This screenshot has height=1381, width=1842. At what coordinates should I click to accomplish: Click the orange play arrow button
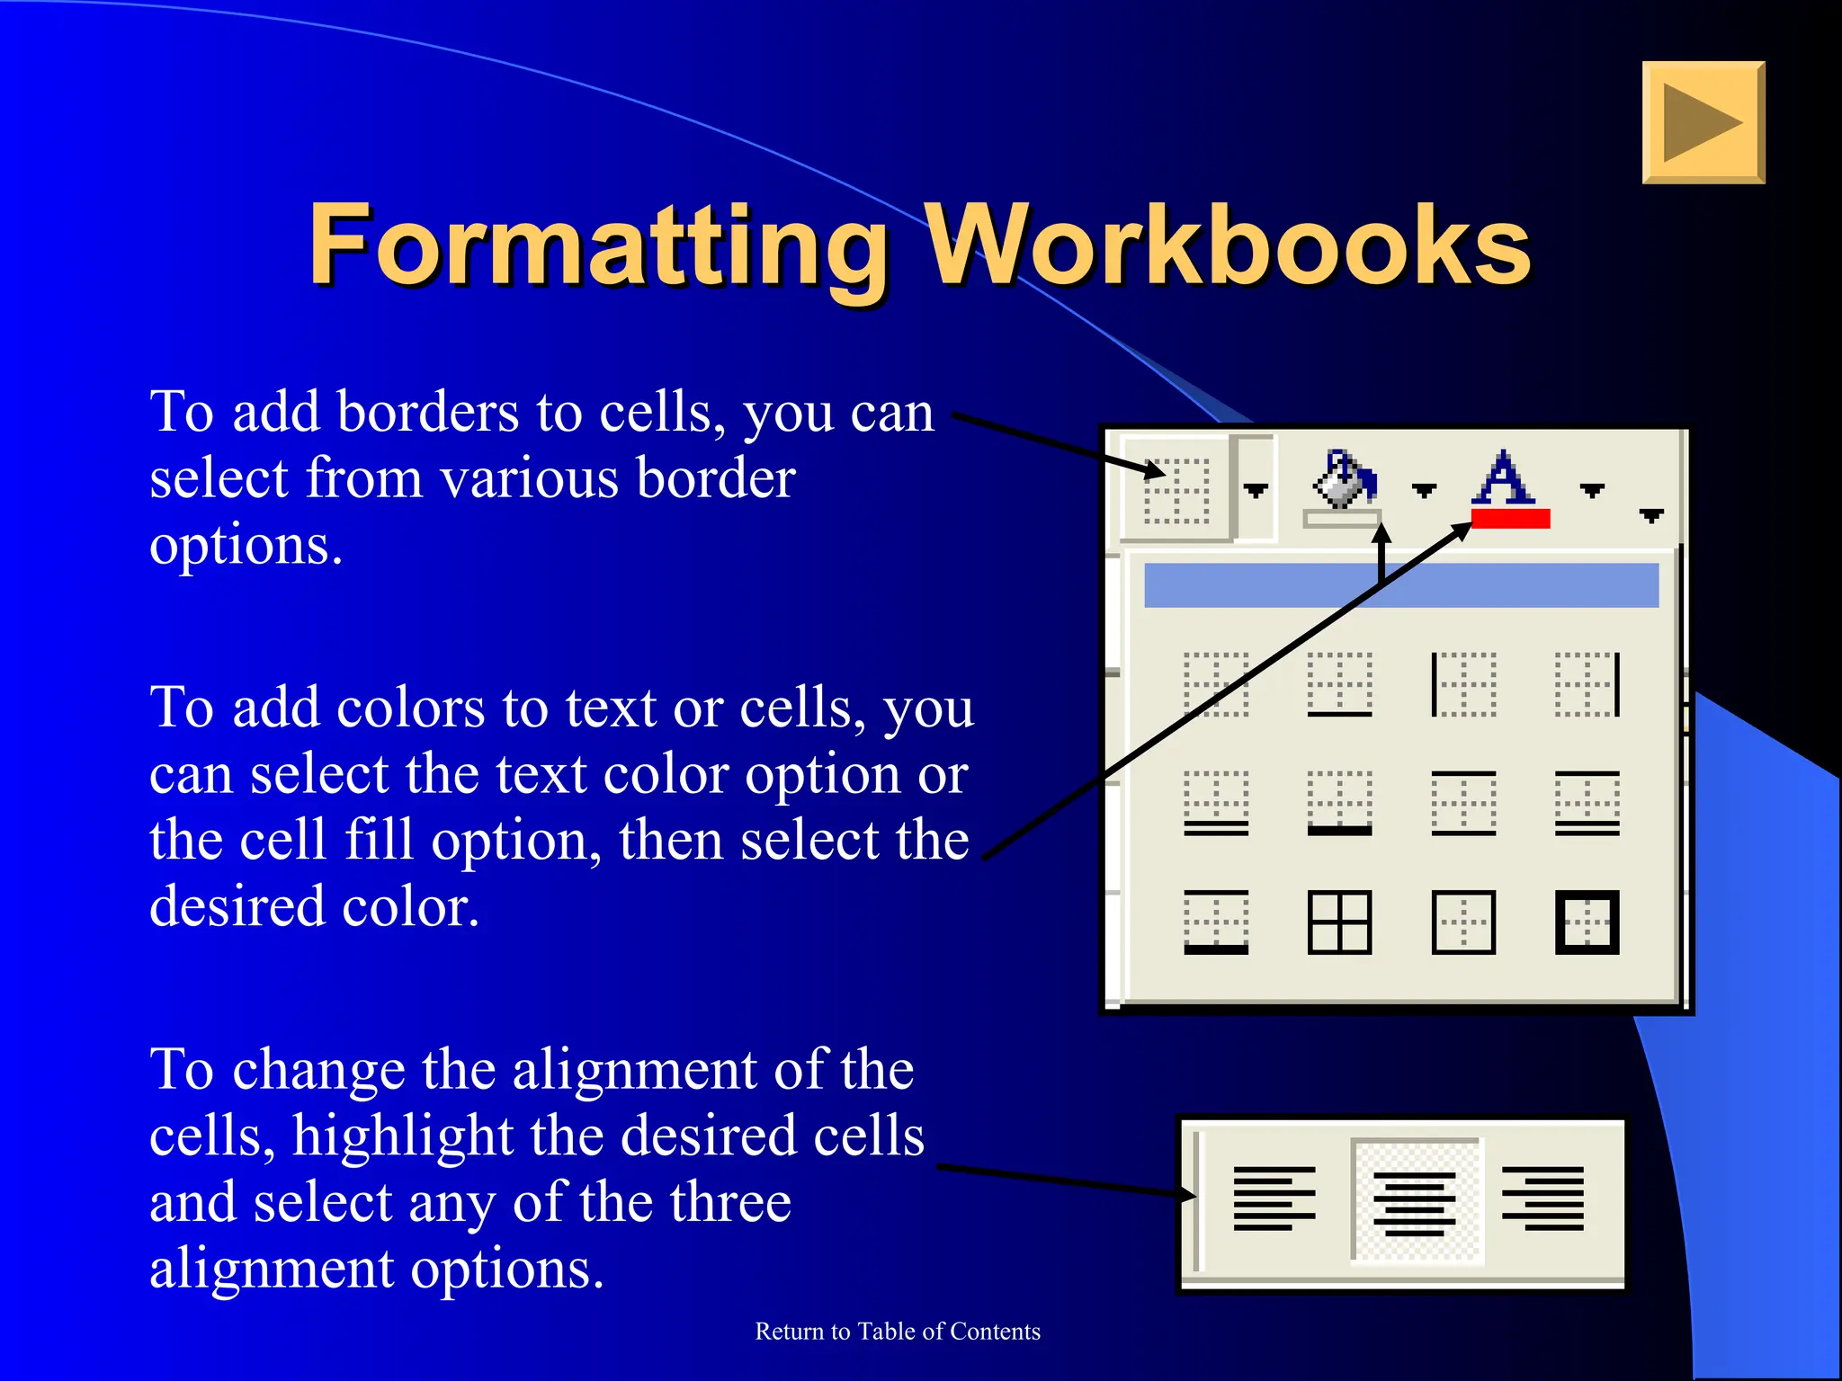point(1703,123)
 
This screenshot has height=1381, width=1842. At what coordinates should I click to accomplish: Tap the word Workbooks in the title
point(1227,245)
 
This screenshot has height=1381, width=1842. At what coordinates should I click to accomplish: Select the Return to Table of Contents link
point(898,1332)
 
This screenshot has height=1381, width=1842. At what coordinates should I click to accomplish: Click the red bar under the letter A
point(1510,519)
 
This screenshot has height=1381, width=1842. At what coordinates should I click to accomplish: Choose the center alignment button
point(1415,1201)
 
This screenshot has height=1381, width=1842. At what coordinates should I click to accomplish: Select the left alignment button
point(1274,1199)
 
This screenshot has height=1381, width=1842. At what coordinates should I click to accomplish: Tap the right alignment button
point(1543,1199)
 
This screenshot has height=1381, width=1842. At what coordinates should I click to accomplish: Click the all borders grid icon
point(1339,922)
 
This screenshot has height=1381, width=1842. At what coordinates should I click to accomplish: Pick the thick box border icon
point(1587,922)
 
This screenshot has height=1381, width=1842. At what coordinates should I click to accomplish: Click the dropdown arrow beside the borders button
point(1256,490)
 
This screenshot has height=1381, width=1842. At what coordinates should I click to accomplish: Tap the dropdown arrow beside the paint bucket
point(1424,490)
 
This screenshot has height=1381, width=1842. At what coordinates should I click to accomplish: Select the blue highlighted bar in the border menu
point(1400,585)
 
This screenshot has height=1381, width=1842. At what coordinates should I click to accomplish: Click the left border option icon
point(1463,685)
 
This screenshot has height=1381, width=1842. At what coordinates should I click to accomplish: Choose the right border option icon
point(1587,685)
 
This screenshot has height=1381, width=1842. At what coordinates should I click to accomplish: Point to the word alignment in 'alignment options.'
point(272,1270)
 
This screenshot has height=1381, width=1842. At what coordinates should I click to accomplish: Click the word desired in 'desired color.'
point(237,906)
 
